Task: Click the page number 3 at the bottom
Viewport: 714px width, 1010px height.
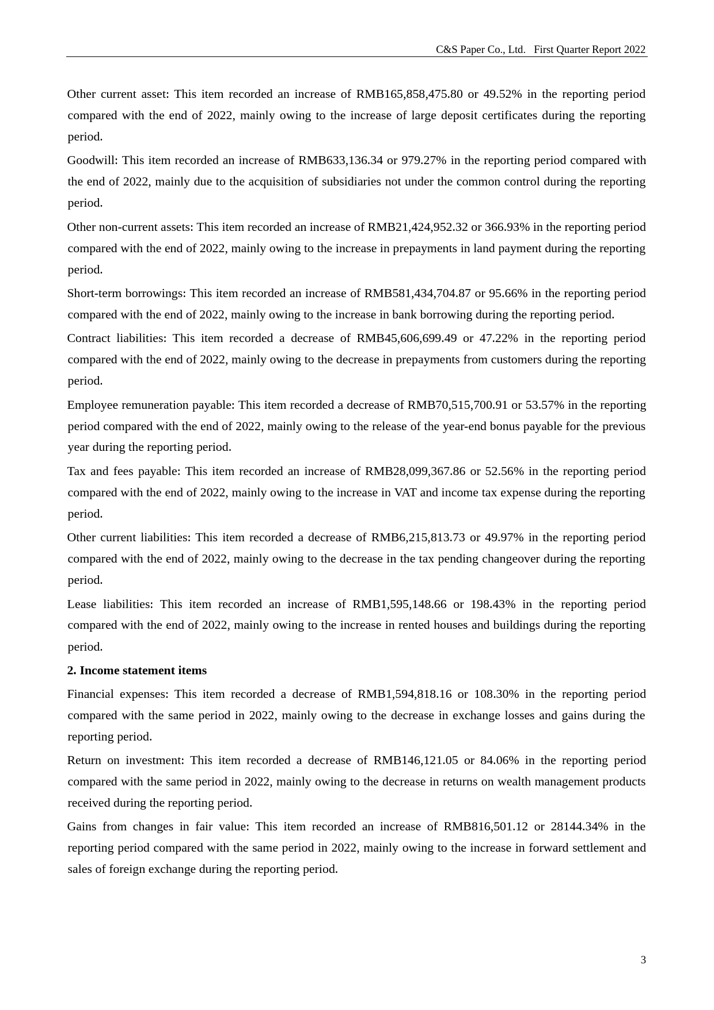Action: (x=643, y=960)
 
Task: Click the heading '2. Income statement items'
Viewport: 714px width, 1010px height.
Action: (x=136, y=670)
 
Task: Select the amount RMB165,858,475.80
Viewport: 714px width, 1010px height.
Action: (x=409, y=94)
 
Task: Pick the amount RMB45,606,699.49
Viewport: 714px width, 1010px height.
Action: (x=407, y=338)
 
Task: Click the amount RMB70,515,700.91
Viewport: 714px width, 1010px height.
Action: (x=458, y=405)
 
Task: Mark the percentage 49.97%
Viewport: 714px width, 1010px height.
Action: (x=504, y=537)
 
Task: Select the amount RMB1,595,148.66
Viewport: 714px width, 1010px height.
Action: (x=400, y=604)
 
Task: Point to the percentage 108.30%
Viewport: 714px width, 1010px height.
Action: (x=496, y=694)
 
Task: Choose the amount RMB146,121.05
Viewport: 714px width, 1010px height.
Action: (x=416, y=760)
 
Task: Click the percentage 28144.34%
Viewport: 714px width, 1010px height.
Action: (x=579, y=826)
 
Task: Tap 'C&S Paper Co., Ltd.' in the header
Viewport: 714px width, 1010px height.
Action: (x=480, y=50)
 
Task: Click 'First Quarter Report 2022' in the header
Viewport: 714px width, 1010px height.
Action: (x=590, y=50)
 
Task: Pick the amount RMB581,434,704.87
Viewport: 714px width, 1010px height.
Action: (x=417, y=293)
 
